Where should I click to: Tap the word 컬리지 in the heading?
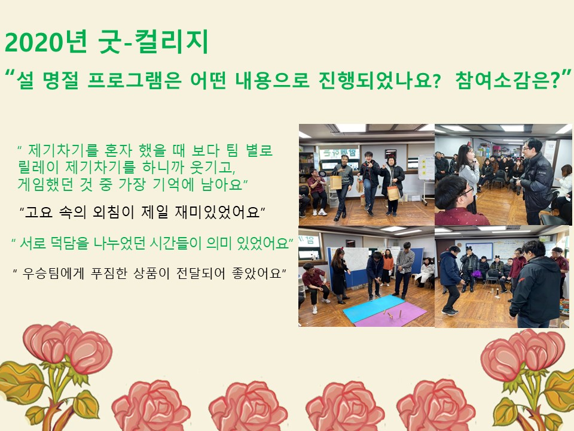172,41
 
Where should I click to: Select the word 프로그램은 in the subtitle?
135,80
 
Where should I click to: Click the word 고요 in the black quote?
39,212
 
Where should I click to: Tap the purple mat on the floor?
392,315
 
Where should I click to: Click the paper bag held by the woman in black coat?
393,193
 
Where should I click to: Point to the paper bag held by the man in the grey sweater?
335,182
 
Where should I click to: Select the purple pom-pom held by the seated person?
477,274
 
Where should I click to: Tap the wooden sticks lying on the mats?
391,314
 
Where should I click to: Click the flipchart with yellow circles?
426,167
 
